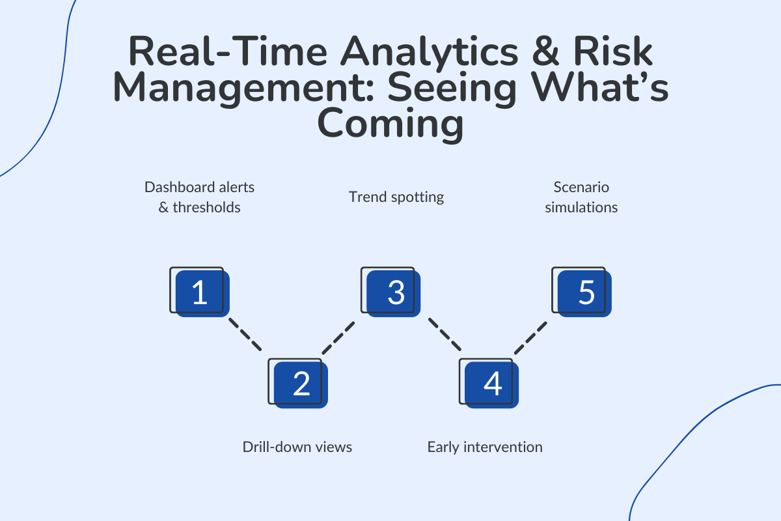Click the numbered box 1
pos(199,292)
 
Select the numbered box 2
pos(299,384)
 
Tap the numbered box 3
pos(393,292)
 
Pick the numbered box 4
pos(491,384)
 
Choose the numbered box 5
pos(584,292)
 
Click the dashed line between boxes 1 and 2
pos(245,335)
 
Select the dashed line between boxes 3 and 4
pos(444,335)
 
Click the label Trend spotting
pos(396,197)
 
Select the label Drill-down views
pos(297,447)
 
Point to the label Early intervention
pos(485,447)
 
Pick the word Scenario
pos(581,187)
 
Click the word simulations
pos(581,208)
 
